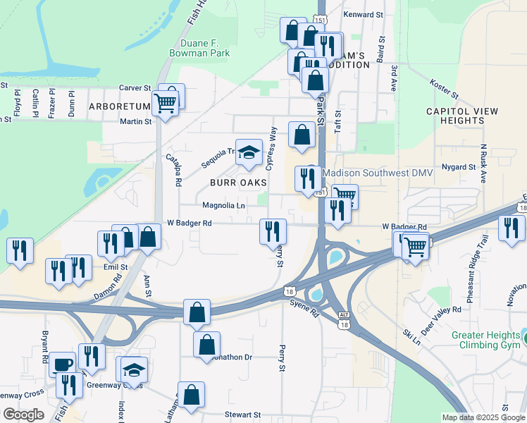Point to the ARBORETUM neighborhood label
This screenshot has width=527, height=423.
click(x=120, y=106)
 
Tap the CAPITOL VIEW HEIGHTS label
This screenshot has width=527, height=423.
click(x=461, y=116)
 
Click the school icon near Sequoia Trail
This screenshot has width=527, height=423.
click(x=248, y=153)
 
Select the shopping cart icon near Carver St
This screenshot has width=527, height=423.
click(x=166, y=103)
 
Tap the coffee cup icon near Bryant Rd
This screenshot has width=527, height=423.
click(x=62, y=364)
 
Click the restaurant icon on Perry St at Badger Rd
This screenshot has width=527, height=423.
click(x=273, y=231)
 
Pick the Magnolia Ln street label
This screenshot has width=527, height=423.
click(x=224, y=206)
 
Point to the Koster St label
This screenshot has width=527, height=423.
click(x=444, y=89)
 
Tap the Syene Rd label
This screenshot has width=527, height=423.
click(x=305, y=303)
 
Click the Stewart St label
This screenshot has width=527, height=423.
click(x=242, y=415)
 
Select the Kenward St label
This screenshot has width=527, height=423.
click(x=363, y=14)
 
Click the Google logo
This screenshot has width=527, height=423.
click(x=23, y=415)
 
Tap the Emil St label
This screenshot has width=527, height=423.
click(x=115, y=267)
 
